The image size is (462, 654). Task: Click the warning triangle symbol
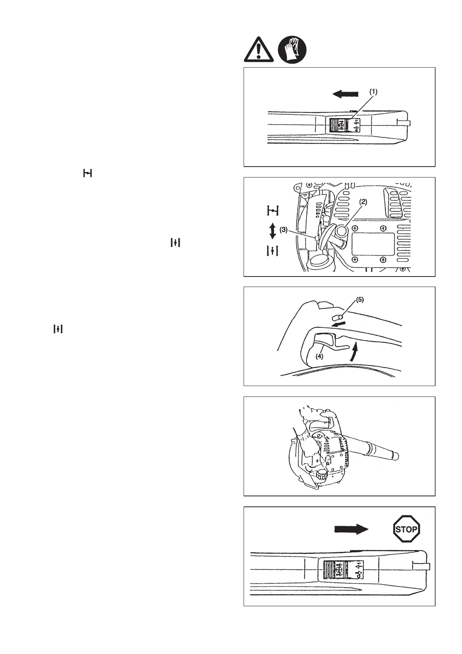pos(258,50)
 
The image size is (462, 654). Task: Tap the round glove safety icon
pos(292,49)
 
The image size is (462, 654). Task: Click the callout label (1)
pos(373,92)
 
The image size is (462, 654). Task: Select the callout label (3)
pos(284,230)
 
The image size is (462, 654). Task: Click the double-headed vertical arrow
pos(273,231)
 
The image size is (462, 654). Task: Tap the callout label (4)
pos(319,356)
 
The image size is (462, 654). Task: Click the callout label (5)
pos(360,300)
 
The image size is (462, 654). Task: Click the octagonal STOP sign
pos(406,529)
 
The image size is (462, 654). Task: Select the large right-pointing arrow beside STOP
pos(351,529)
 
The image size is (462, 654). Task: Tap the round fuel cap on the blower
pos(322,475)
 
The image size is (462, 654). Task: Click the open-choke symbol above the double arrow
pos(273,211)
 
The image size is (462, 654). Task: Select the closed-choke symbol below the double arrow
pos(273,251)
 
